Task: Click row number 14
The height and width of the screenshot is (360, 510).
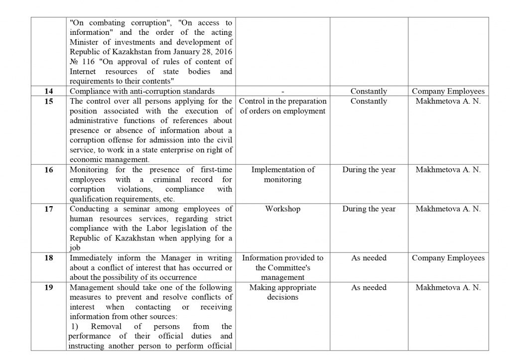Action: pyautogui.click(x=48, y=92)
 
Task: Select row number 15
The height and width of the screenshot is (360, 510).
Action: pyautogui.click(x=48, y=102)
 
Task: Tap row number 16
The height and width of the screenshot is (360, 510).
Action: pyautogui.click(x=48, y=170)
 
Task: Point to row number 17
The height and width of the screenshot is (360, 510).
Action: pyautogui.click(x=48, y=209)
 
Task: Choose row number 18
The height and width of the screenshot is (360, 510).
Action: pyautogui.click(x=48, y=258)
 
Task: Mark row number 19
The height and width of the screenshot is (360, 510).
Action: pyautogui.click(x=48, y=288)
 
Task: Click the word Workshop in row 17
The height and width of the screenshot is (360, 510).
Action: pyautogui.click(x=282, y=209)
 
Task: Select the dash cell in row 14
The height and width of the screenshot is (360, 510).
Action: pyautogui.click(x=282, y=92)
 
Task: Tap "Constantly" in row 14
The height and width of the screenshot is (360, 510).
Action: pyautogui.click(x=369, y=92)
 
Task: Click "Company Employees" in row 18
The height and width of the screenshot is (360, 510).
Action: pyautogui.click(x=448, y=258)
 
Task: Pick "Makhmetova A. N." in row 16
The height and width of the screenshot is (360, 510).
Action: pyautogui.click(x=448, y=170)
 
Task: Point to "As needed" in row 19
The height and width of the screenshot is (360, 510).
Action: pyautogui.click(x=369, y=288)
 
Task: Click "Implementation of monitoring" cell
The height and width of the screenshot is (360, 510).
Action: pyautogui.click(x=282, y=175)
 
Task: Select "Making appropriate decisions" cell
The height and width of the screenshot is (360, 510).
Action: pyautogui.click(x=282, y=292)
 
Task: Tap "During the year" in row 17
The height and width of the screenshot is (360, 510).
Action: pyautogui.click(x=369, y=209)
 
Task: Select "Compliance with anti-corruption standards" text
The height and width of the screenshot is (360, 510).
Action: pyautogui.click(x=142, y=92)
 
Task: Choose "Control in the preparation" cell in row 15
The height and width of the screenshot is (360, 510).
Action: pyautogui.click(x=282, y=106)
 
